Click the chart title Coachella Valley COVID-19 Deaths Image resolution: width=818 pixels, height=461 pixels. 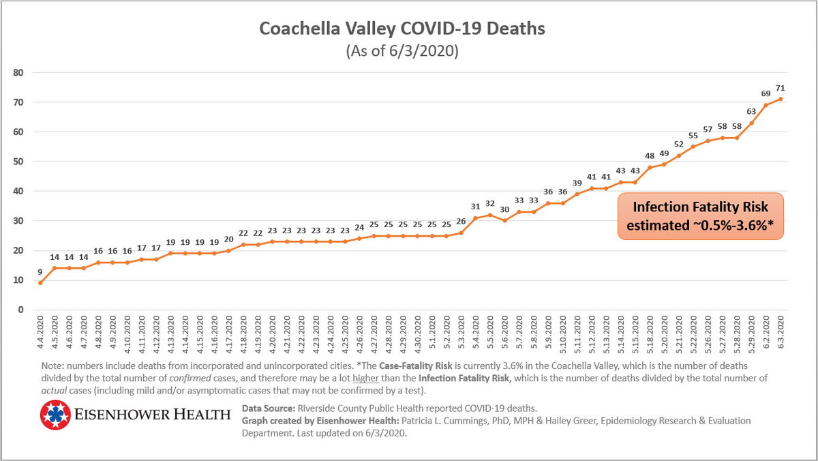(x=402, y=29)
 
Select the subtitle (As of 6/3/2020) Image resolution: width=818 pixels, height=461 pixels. (x=402, y=51)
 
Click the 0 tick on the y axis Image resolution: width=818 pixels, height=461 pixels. (x=21, y=310)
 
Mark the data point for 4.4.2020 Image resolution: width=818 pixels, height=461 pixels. (x=40, y=283)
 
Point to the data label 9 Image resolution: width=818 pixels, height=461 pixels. (x=40, y=272)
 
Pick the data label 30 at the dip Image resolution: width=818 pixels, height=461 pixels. (x=504, y=209)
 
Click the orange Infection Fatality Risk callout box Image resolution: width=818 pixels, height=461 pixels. (x=701, y=216)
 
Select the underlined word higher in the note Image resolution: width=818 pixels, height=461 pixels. (x=365, y=378)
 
